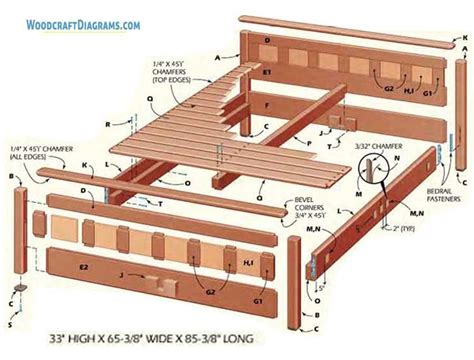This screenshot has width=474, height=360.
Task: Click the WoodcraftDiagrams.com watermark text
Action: tap(84, 21)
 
